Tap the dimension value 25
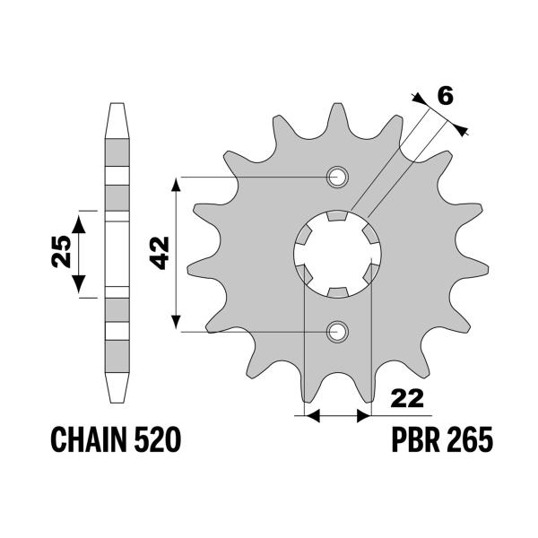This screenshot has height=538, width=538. [62, 254]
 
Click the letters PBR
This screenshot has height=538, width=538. [417, 441]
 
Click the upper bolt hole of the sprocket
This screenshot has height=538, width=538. [338, 177]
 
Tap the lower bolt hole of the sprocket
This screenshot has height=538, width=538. [338, 332]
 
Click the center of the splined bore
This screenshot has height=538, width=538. [338, 254]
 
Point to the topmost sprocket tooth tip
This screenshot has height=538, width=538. [338, 105]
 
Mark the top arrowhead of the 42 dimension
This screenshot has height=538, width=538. [178, 183]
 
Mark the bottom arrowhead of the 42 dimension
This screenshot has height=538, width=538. [178, 325]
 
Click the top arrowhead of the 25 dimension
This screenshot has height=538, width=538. [82, 219]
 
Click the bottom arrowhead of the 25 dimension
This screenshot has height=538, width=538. [82, 289]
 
